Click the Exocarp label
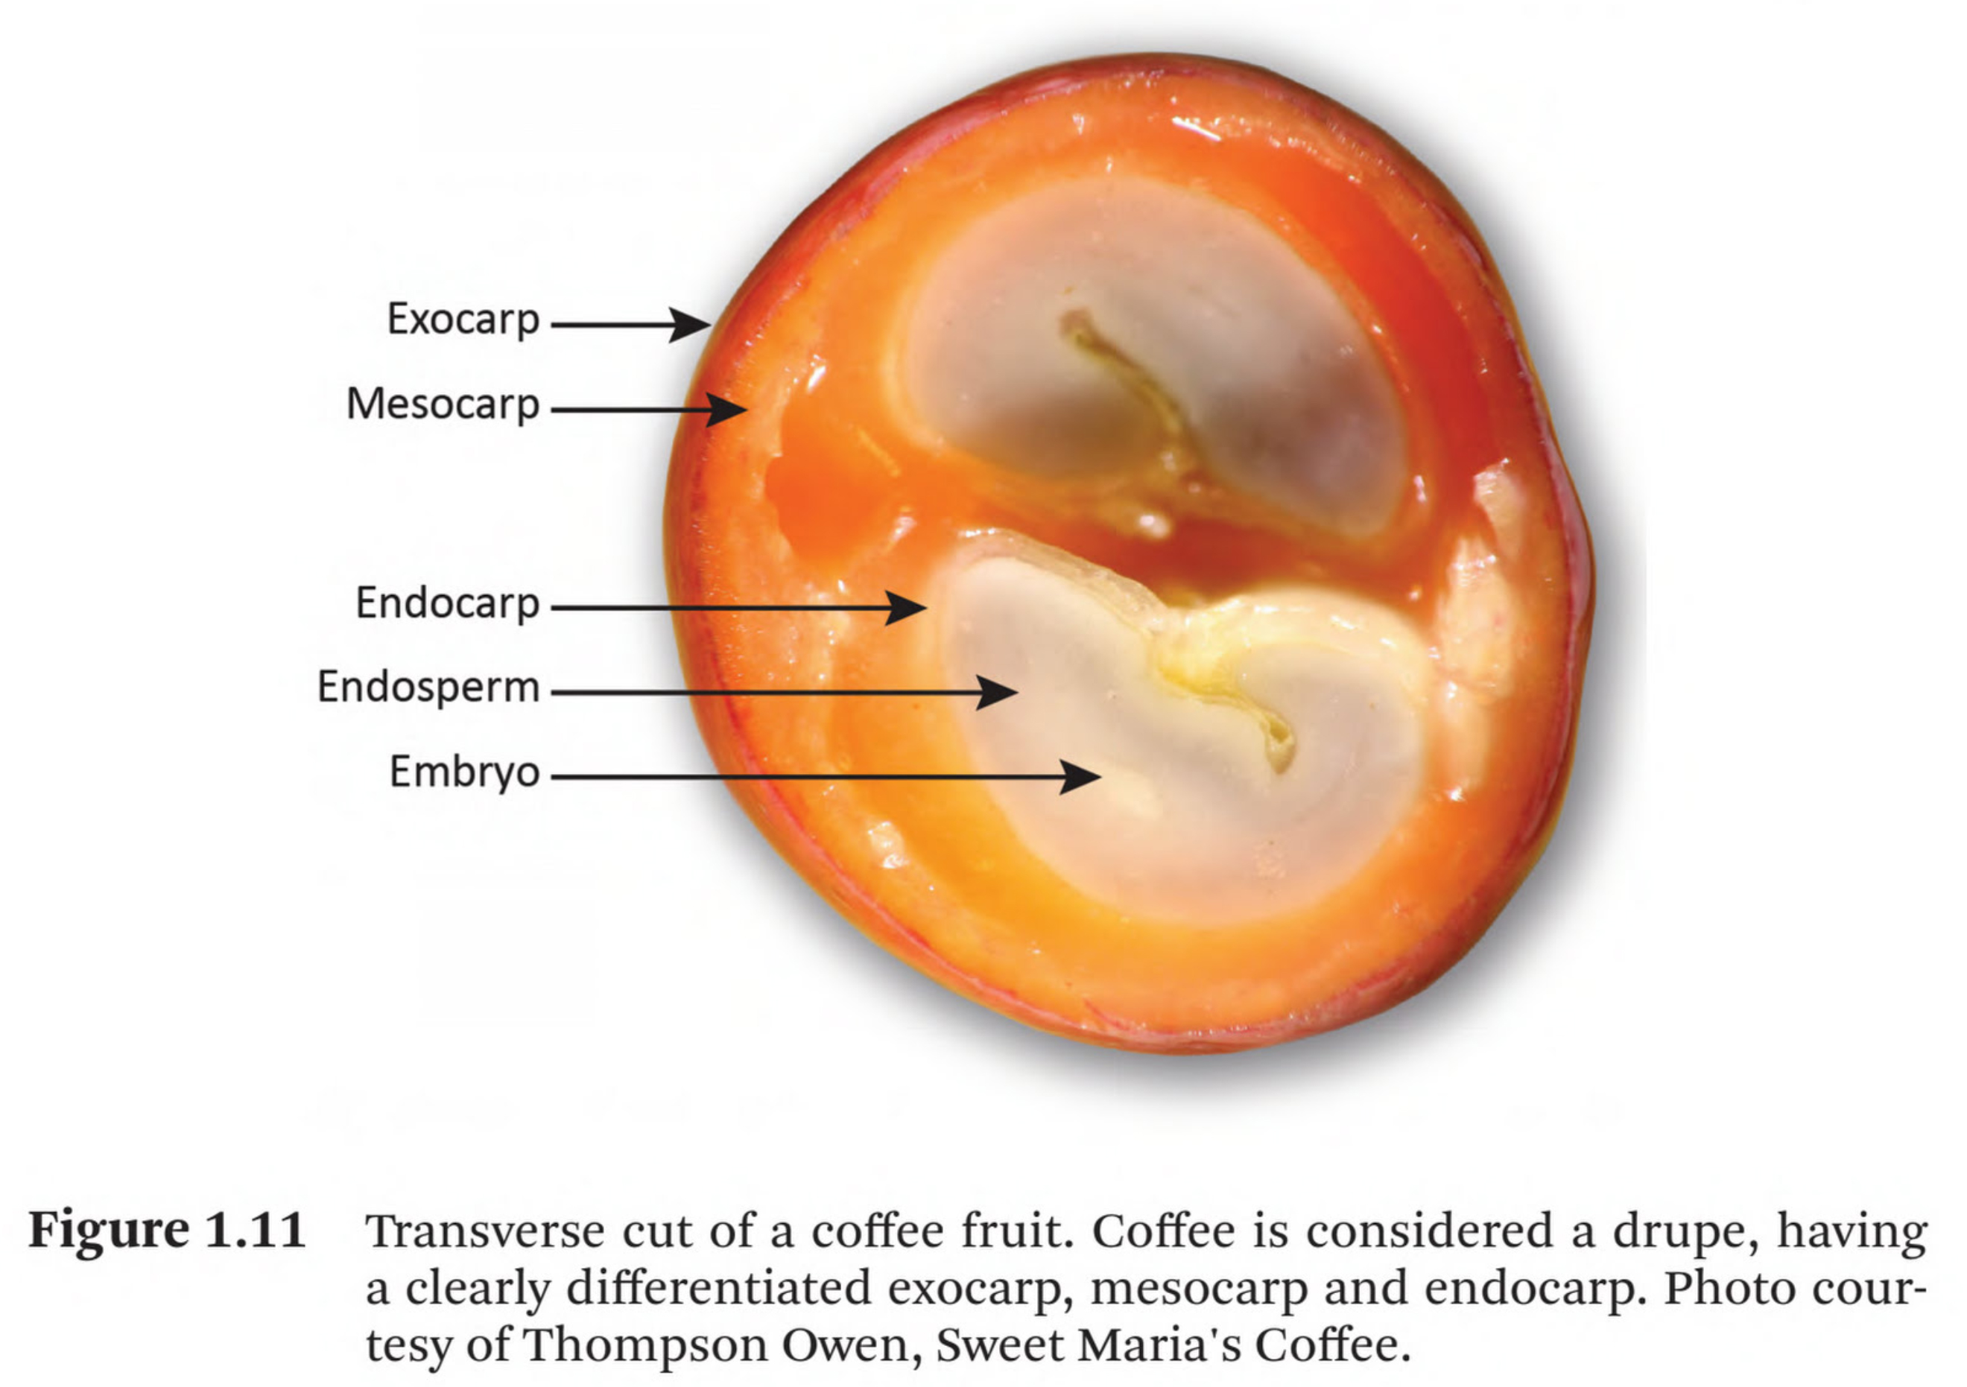click(463, 320)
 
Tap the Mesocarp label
click(442, 404)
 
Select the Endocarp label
click(447, 603)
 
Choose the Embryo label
click(464, 772)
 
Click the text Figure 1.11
click(168, 1231)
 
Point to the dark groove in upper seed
click(1131, 386)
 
